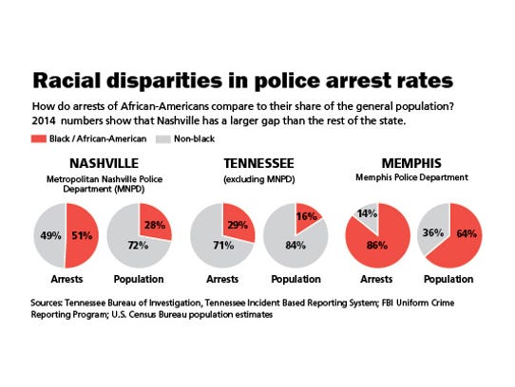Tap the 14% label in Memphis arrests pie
(365, 213)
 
